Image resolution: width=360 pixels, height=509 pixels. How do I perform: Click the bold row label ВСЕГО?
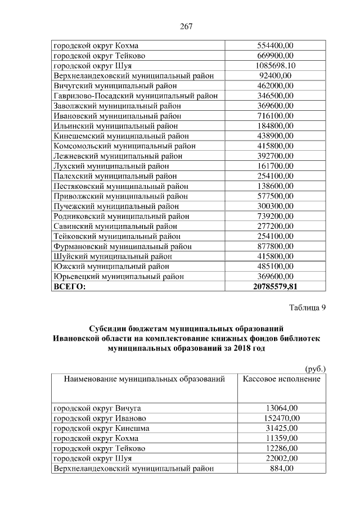(69, 287)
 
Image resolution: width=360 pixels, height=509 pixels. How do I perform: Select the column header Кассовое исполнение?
(281, 379)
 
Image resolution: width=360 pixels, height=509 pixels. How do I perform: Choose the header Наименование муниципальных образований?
(144, 379)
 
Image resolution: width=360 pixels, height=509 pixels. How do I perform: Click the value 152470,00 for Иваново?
(281, 418)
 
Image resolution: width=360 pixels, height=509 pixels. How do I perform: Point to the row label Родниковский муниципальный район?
(121, 216)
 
